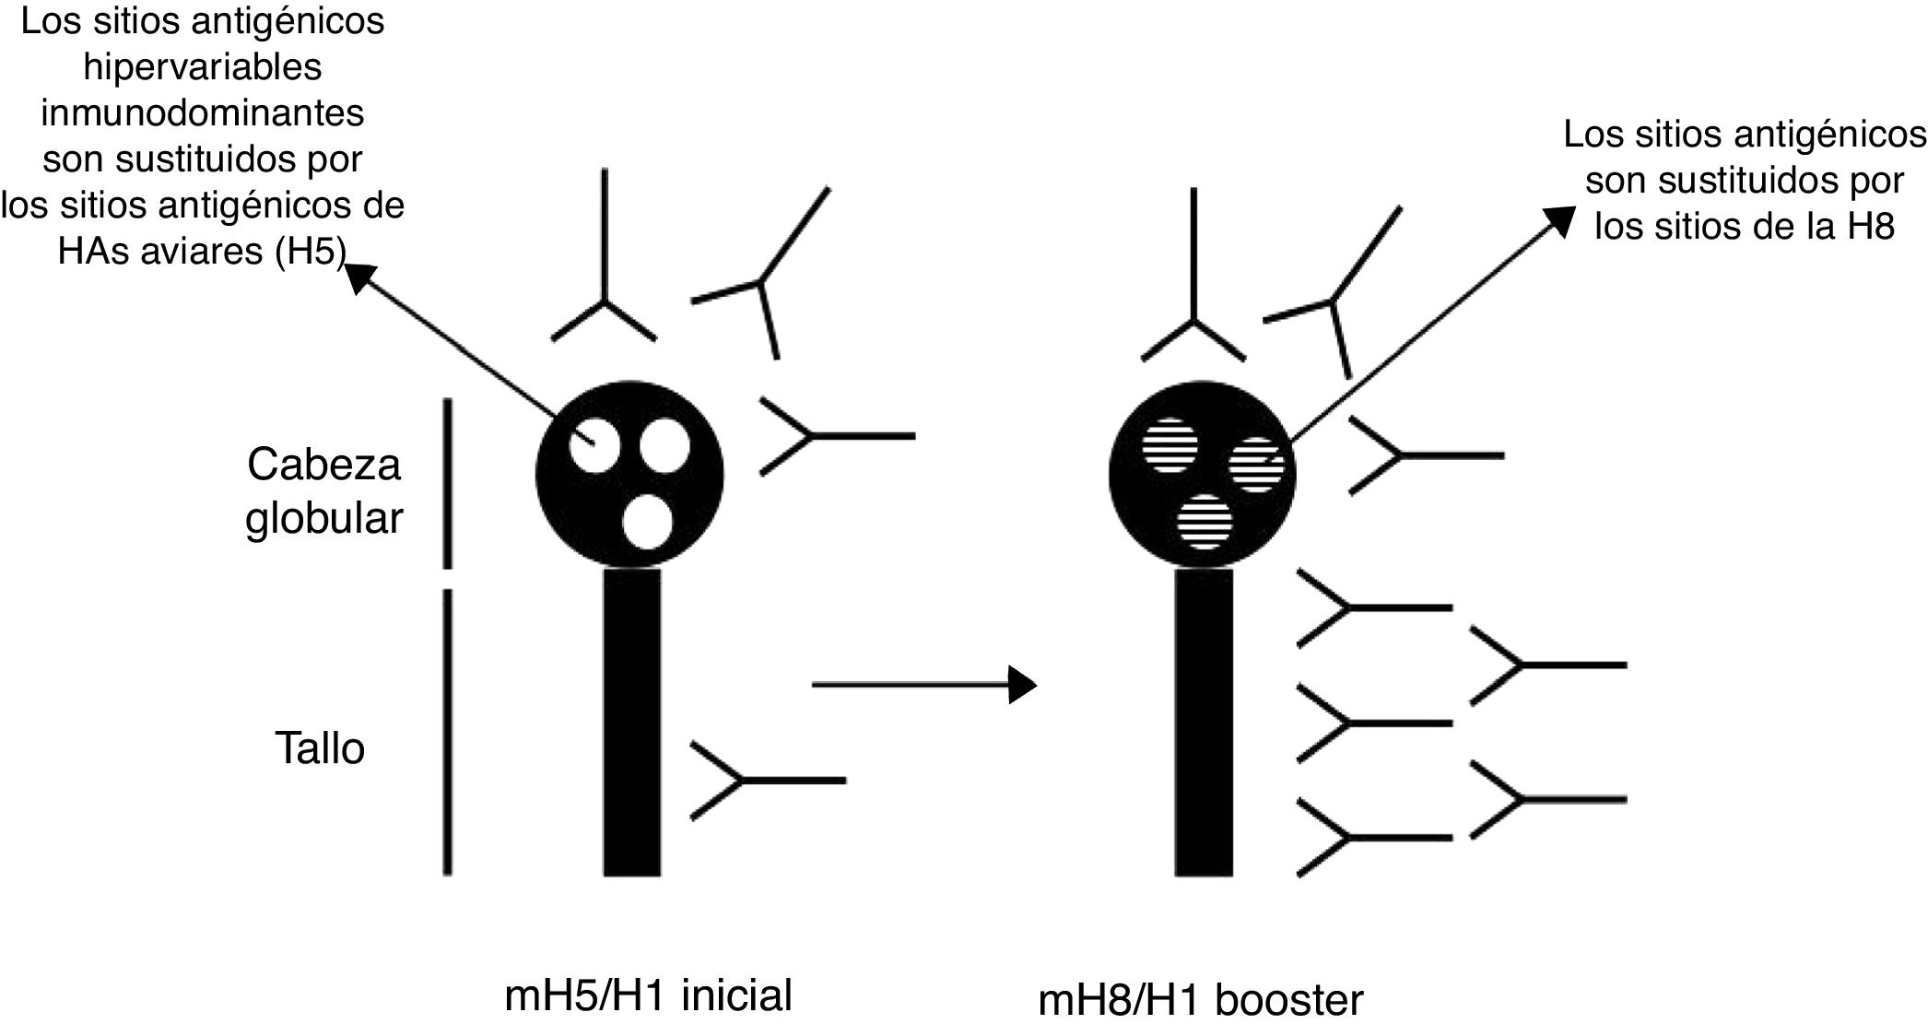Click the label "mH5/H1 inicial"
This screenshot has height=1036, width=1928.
pyautogui.click(x=648, y=995)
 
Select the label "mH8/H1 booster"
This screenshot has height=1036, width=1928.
pyautogui.click(x=1200, y=1000)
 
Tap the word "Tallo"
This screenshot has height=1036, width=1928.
pyautogui.click(x=320, y=748)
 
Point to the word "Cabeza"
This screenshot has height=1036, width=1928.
pyautogui.click(x=323, y=464)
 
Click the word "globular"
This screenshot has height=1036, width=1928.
pyautogui.click(x=323, y=518)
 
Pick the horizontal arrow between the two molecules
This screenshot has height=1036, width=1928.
pyautogui.click(x=924, y=685)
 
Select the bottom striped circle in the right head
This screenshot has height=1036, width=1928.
pyautogui.click(x=1205, y=523)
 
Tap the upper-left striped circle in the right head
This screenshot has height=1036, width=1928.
pyautogui.click(x=1170, y=445)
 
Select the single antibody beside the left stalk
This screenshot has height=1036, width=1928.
pyautogui.click(x=767, y=781)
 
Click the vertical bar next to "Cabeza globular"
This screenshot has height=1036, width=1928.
pyautogui.click(x=448, y=483)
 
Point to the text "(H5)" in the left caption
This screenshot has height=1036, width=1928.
pyautogui.click(x=309, y=251)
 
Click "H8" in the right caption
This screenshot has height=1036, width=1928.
pyautogui.click(x=1871, y=226)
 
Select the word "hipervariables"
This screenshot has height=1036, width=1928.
pyautogui.click(x=203, y=66)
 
